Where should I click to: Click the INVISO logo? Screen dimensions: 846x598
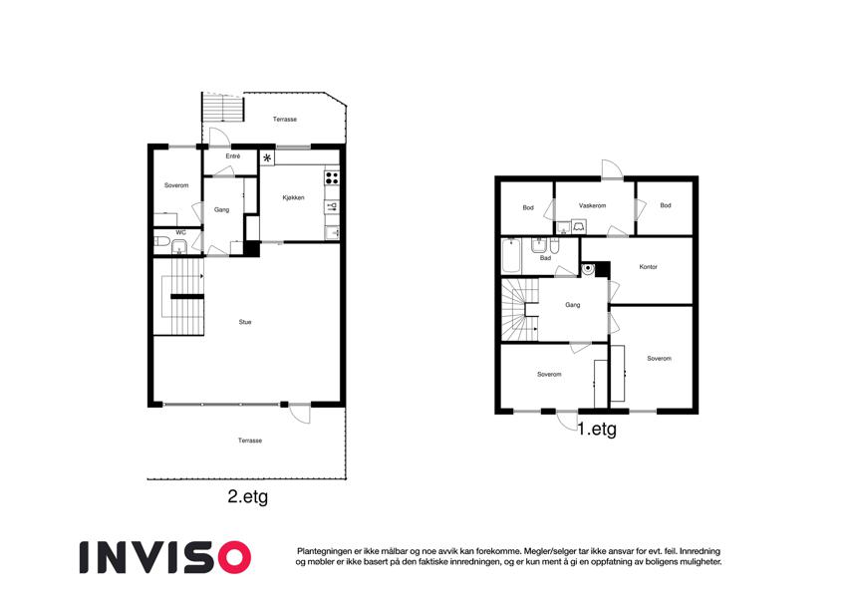click(x=165, y=557)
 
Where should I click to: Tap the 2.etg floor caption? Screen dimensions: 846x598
click(x=248, y=496)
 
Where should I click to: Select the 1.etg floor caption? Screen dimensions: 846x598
click(x=597, y=430)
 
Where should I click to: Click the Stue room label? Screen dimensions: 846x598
click(x=245, y=322)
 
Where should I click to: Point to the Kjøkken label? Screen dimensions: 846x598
click(x=294, y=197)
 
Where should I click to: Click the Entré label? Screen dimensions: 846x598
click(x=233, y=155)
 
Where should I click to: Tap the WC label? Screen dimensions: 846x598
click(x=180, y=232)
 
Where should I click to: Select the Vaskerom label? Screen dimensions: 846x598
click(x=593, y=205)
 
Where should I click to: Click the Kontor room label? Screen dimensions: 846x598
click(x=648, y=267)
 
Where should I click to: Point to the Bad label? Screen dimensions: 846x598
click(x=545, y=258)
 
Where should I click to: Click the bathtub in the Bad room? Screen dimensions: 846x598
click(x=511, y=256)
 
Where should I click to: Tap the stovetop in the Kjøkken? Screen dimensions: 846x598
click(x=332, y=177)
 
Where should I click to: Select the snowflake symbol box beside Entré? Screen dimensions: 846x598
click(x=267, y=158)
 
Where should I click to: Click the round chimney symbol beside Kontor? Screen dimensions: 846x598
click(x=588, y=269)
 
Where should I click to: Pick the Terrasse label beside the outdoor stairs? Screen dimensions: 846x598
click(x=284, y=120)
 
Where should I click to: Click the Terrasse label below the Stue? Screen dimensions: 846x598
click(x=250, y=441)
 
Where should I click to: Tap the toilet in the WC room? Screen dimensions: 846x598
click(x=160, y=241)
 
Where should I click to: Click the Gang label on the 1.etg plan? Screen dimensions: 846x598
click(x=572, y=305)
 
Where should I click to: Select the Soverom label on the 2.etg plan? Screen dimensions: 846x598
click(x=176, y=185)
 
